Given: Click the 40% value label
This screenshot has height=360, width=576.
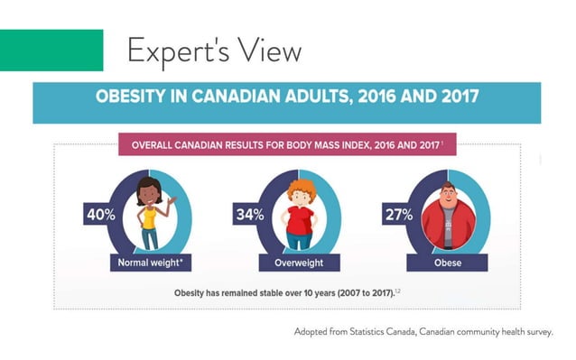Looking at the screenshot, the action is click(x=101, y=215).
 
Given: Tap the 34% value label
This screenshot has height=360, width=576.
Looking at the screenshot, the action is click(x=250, y=215).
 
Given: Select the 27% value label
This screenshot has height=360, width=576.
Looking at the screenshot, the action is click(x=399, y=215).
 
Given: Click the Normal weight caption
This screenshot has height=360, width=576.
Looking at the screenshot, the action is click(x=150, y=263).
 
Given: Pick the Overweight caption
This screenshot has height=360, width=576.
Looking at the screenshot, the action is click(x=299, y=263).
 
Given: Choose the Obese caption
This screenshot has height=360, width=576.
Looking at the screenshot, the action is click(x=448, y=263).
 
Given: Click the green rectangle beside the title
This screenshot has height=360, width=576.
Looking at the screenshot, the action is click(x=51, y=51).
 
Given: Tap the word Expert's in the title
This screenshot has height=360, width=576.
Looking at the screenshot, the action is click(x=178, y=51).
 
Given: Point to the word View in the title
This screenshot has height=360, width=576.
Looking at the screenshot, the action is click(x=269, y=51).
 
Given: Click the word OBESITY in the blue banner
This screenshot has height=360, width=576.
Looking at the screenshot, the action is click(x=130, y=97).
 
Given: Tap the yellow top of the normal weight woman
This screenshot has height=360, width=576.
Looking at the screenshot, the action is click(x=149, y=217).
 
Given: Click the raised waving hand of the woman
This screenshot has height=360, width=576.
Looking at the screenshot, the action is click(x=172, y=200).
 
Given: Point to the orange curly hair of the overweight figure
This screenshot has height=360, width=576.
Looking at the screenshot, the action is click(x=302, y=188).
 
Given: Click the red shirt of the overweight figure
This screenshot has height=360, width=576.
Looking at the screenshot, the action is click(x=300, y=220).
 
